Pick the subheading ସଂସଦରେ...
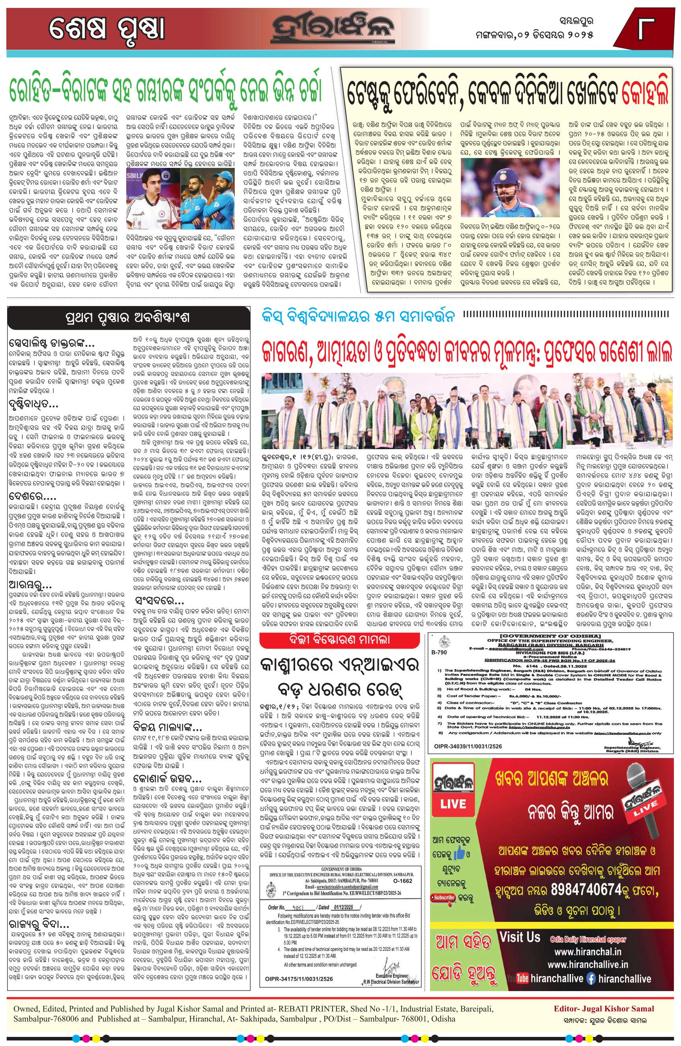click(159, 601)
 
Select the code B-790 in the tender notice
click(439, 653)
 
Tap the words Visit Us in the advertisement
click(519, 937)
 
